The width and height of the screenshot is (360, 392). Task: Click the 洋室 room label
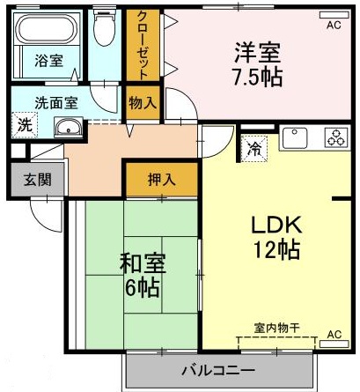tap(258, 50)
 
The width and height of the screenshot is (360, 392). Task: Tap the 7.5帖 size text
tap(258, 77)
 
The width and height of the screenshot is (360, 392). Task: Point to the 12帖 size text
tap(272, 249)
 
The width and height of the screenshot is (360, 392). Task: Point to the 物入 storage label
tap(142, 103)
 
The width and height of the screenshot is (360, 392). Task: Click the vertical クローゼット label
tap(142, 45)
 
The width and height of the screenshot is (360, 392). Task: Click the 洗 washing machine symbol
tap(24, 125)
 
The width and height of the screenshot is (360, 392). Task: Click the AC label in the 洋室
tap(333, 26)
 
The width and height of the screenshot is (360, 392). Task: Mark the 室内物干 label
tap(277, 328)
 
